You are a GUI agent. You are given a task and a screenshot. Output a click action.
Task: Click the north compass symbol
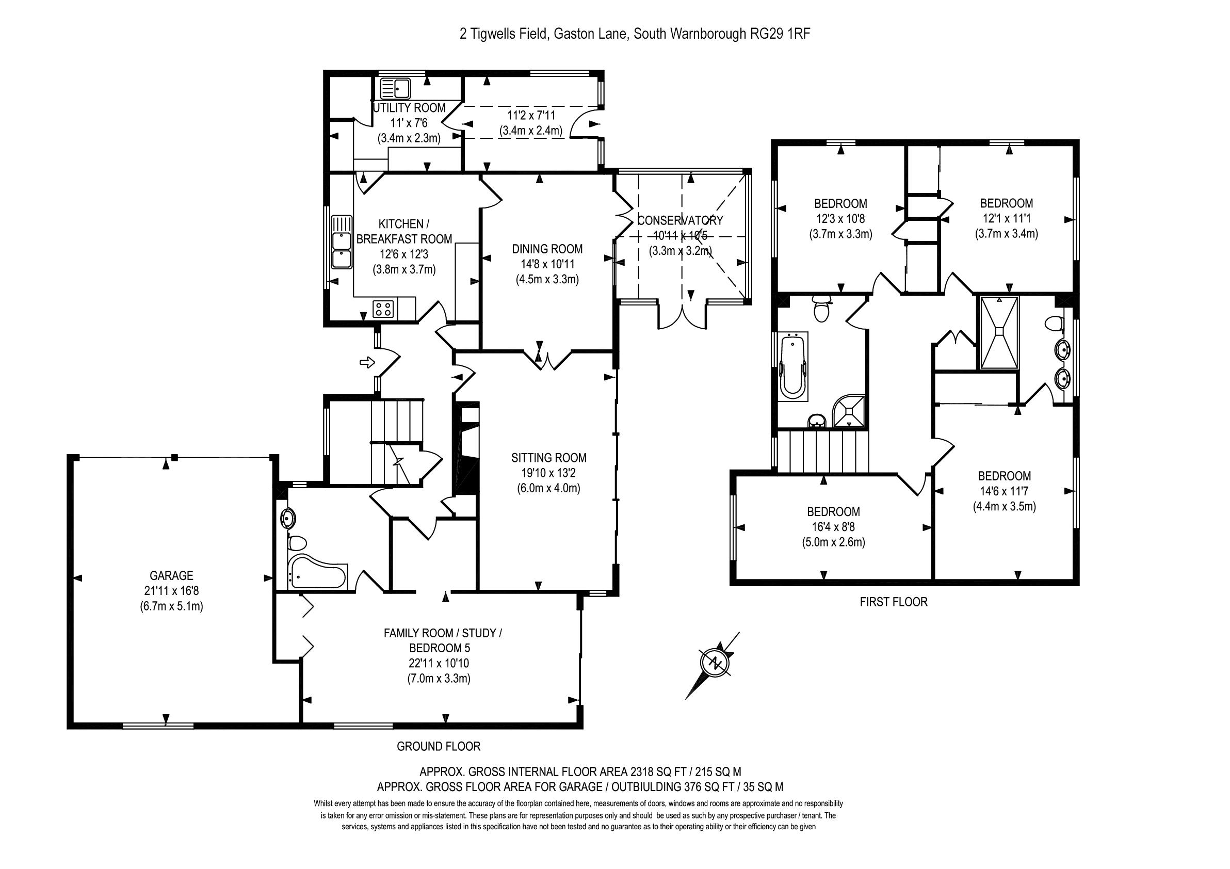[716, 663]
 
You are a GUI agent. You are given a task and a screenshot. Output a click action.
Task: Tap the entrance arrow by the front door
[367, 363]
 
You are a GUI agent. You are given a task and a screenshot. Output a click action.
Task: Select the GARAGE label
[171, 575]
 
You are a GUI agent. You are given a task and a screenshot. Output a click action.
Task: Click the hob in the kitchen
[383, 309]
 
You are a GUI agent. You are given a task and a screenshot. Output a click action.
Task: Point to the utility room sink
[395, 88]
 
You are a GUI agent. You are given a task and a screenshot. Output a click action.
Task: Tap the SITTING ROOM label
[548, 458]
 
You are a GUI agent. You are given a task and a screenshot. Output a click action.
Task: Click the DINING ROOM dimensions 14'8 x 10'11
[547, 264]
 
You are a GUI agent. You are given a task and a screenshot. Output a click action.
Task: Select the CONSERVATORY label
[680, 220]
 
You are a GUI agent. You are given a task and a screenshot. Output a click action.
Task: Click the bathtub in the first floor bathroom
[794, 366]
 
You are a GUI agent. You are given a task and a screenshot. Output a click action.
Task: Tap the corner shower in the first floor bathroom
[850, 411]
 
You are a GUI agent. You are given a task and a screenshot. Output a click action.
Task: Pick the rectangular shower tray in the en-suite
[999, 332]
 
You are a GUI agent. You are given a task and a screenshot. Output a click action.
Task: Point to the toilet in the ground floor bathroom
[296, 543]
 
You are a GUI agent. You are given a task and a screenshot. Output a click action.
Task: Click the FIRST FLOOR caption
[893, 602]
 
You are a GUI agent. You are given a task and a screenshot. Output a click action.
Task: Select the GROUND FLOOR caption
[438, 746]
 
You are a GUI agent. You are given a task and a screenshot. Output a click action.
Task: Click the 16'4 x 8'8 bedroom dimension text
[833, 527]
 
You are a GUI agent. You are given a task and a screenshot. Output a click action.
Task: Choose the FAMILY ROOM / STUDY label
[443, 633]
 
